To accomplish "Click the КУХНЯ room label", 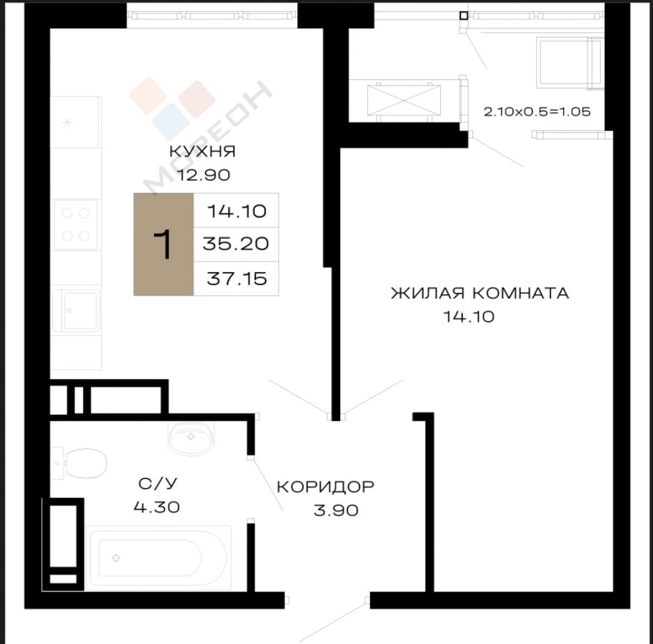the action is click(x=202, y=151).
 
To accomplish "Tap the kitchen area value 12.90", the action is click(x=204, y=175).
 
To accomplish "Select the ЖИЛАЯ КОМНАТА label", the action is click(x=480, y=293).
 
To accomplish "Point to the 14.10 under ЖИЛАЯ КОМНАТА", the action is click(x=469, y=317).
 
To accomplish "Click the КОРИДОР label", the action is click(x=325, y=487).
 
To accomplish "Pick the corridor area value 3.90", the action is click(x=336, y=510).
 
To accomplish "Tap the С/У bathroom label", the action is click(x=158, y=484).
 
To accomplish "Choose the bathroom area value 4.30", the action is click(x=157, y=507).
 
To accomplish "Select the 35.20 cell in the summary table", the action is click(x=236, y=244).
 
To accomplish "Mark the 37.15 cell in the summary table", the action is click(x=237, y=279).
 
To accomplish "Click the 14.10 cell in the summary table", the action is click(x=237, y=211).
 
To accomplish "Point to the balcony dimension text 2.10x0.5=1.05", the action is click(x=537, y=112).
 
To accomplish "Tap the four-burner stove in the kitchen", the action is click(x=76, y=224).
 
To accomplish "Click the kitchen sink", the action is click(x=76, y=310).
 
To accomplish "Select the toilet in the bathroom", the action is click(x=79, y=463).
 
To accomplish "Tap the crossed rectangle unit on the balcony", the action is click(x=404, y=101).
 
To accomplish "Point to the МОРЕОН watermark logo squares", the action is click(x=172, y=108).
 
